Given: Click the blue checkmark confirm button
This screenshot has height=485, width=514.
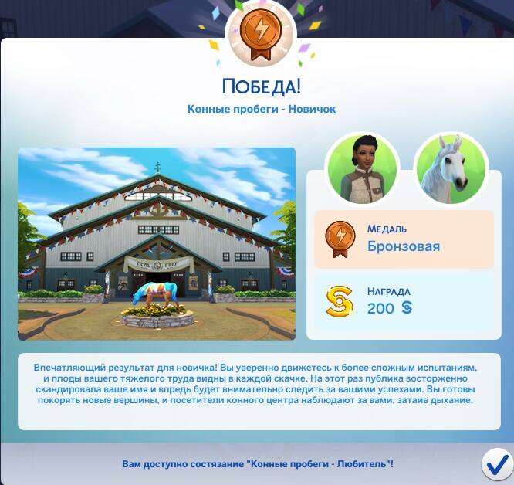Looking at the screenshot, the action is (x=498, y=466).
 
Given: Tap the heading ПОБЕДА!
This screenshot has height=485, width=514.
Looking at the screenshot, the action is (x=262, y=86).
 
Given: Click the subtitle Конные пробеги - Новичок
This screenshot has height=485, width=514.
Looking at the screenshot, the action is (x=262, y=109).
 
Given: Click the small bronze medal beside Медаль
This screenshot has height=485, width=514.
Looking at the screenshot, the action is (x=340, y=239).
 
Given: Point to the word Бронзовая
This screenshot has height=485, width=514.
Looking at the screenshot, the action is (x=403, y=246).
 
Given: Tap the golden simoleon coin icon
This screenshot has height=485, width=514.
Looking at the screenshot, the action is (x=340, y=301).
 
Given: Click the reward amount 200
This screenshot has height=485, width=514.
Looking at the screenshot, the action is (x=380, y=309).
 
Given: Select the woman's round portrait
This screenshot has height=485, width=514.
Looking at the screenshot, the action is (x=362, y=170).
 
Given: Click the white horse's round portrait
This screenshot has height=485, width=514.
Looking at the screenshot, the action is (x=451, y=170).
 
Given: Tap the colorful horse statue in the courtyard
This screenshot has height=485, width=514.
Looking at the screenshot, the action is (x=156, y=293).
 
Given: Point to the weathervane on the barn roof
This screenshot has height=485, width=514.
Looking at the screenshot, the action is (x=158, y=168).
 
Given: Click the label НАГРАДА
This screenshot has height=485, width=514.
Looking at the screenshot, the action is (x=388, y=291).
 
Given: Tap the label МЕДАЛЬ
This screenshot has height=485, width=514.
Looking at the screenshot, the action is (x=387, y=229).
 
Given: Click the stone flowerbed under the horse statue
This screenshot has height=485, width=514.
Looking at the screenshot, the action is (x=157, y=319).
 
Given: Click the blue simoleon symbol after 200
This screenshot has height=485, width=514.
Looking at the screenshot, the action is (x=407, y=307).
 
